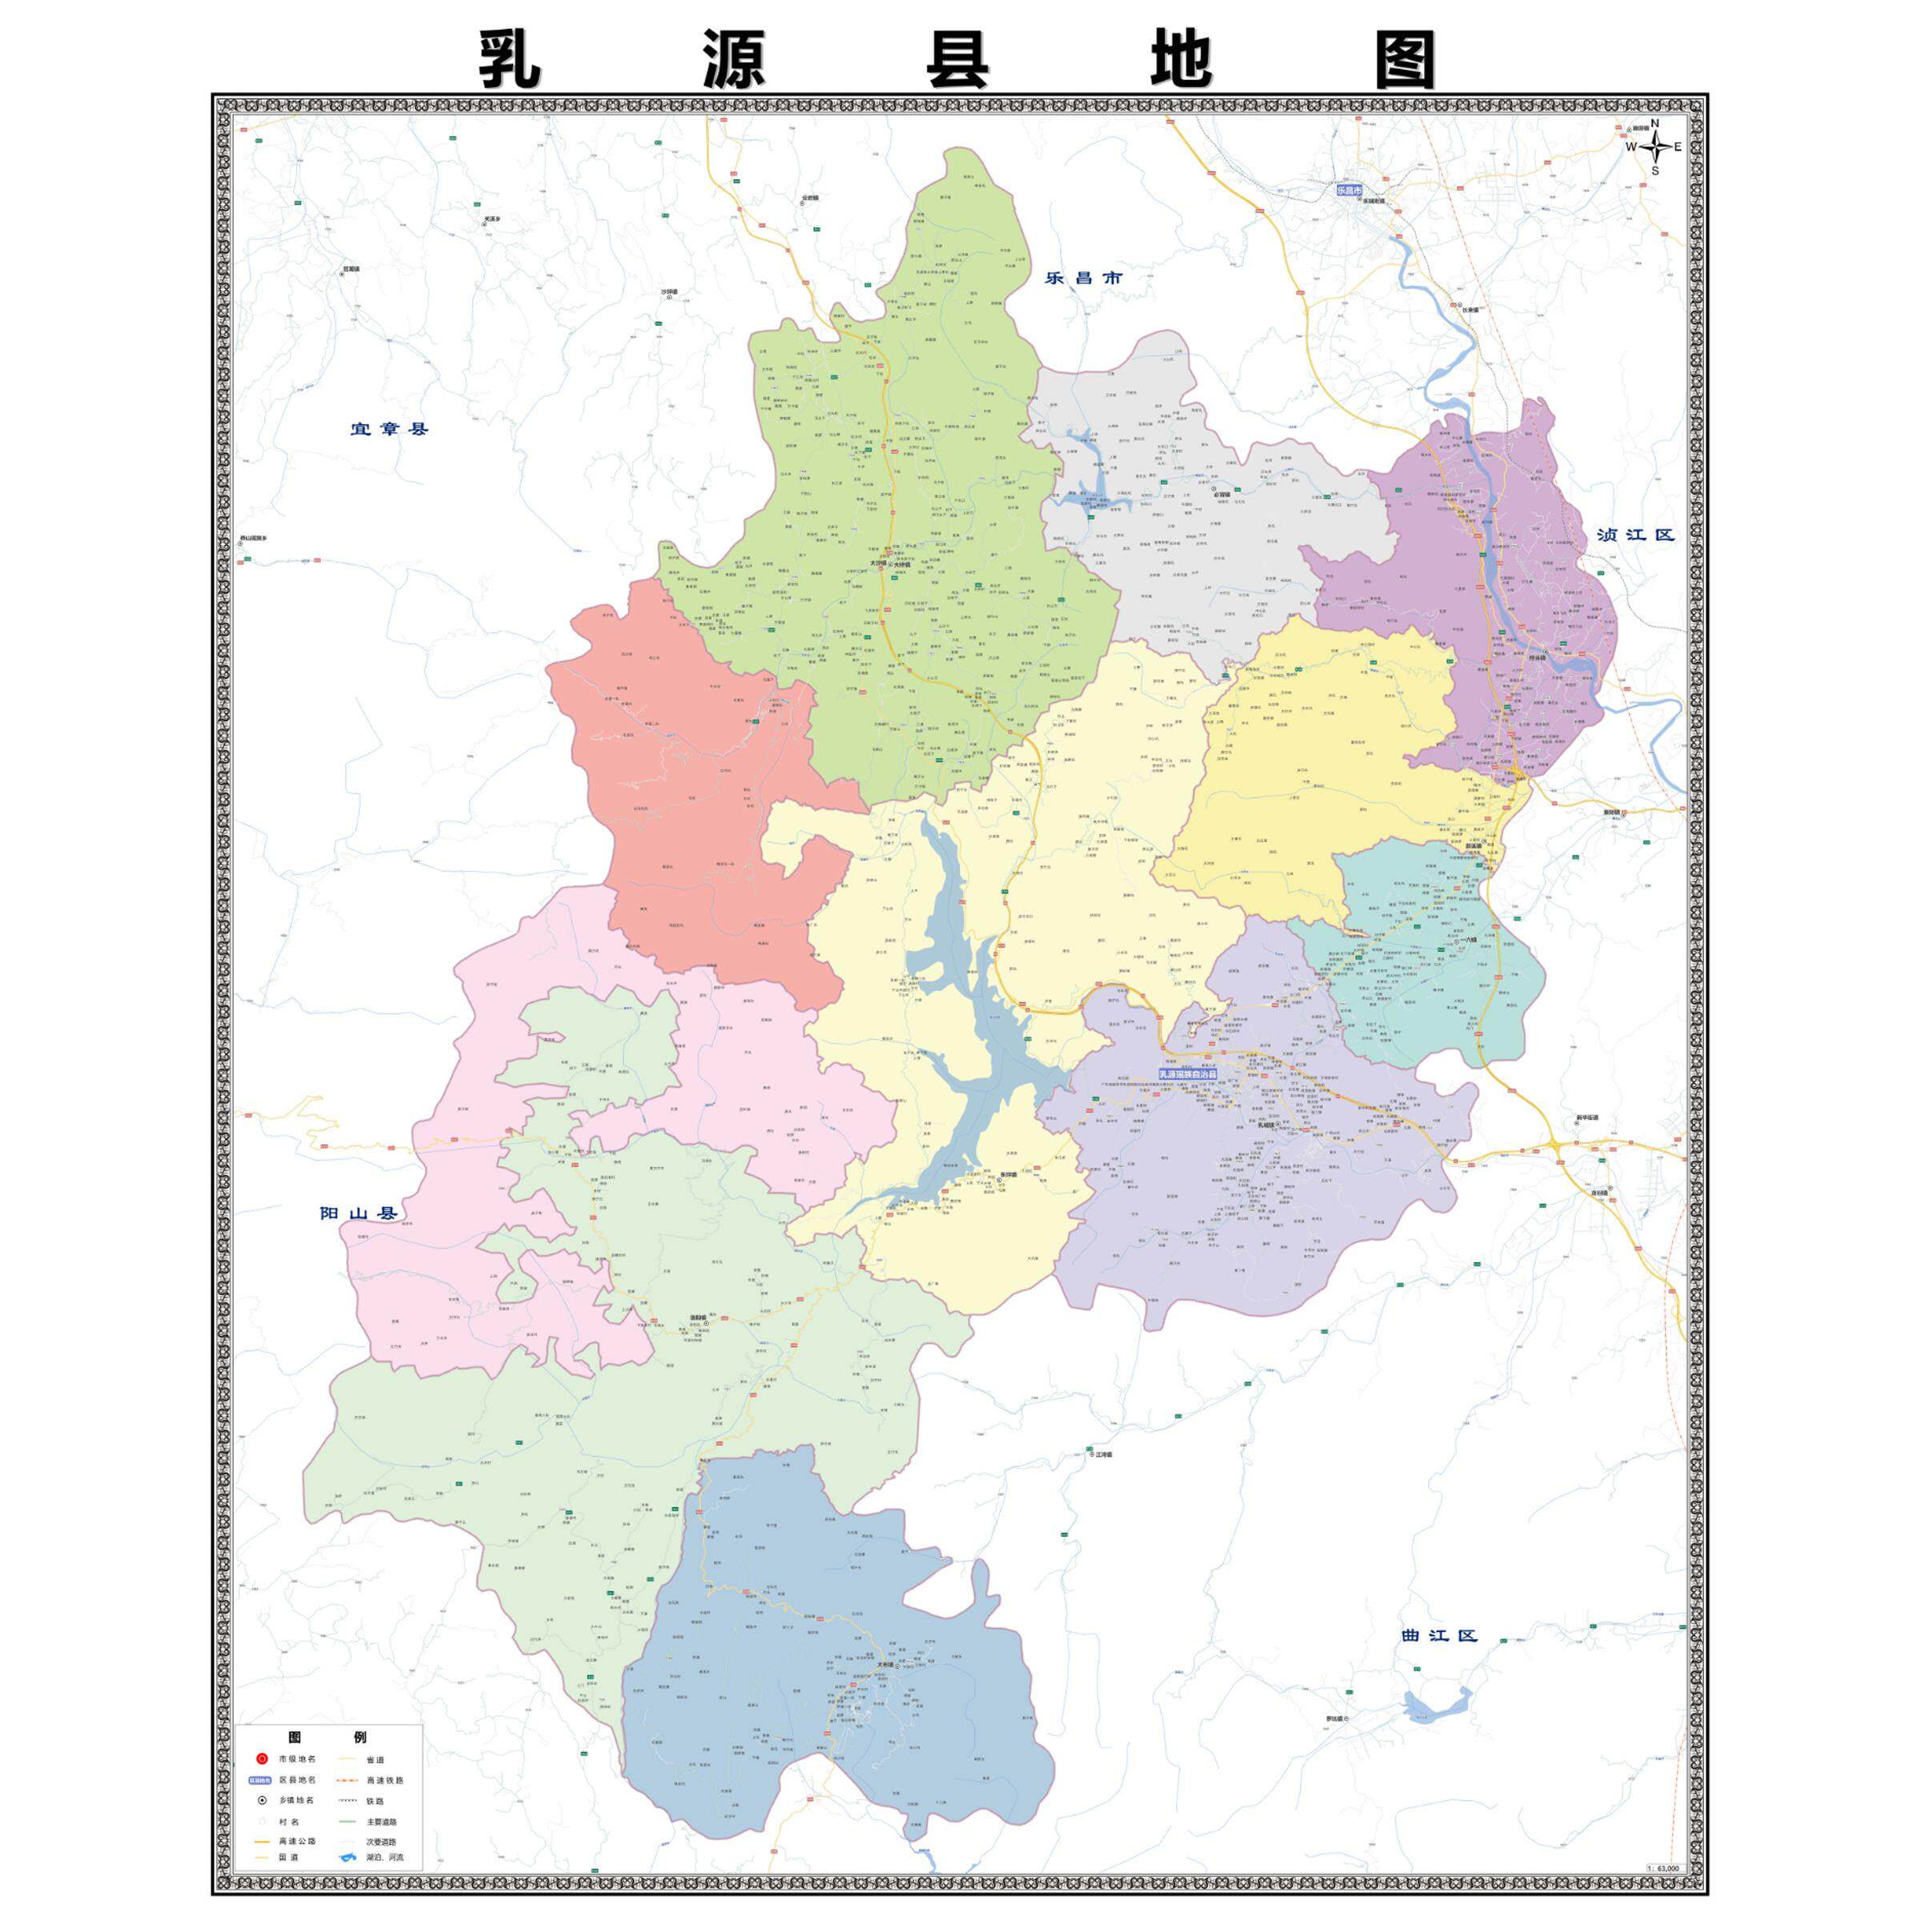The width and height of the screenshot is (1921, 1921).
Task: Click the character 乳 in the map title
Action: tap(510, 61)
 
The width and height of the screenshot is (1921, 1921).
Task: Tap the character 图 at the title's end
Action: tap(1405, 61)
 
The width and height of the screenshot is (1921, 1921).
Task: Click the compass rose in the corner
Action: tap(1655, 147)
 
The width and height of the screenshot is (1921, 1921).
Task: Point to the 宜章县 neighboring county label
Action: tap(389, 430)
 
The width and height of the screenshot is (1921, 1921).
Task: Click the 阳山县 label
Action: tap(358, 1214)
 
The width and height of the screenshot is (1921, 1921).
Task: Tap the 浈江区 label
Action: tap(1635, 534)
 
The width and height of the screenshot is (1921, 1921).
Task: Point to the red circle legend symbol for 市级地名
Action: tap(262, 1759)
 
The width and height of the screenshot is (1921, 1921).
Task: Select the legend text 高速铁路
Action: tap(385, 1780)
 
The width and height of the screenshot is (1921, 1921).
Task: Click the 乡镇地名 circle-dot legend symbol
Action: tap(262, 1801)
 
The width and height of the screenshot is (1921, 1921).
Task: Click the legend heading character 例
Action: tap(360, 1738)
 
